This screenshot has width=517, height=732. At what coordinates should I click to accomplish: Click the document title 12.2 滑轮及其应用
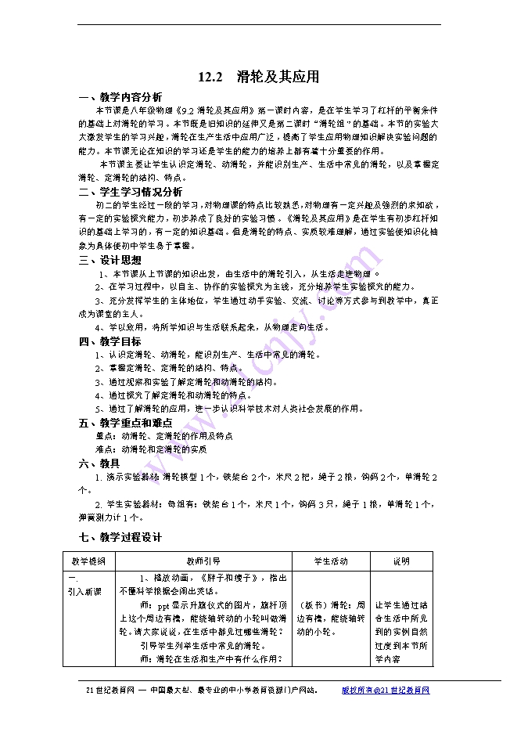click(259, 77)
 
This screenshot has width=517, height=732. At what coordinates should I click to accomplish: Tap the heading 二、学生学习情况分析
click(131, 192)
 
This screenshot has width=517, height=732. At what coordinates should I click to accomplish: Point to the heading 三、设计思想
click(110, 260)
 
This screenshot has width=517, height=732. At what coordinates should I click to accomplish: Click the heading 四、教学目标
click(110, 341)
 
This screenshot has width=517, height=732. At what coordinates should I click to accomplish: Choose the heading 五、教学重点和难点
click(125, 423)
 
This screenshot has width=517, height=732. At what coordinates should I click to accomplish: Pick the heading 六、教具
click(100, 463)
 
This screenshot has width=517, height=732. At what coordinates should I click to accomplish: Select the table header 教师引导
click(203, 561)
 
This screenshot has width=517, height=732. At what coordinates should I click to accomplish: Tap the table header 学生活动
click(331, 561)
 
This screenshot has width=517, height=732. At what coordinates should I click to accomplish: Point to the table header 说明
click(400, 561)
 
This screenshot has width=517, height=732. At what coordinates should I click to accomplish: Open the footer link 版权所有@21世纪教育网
click(386, 691)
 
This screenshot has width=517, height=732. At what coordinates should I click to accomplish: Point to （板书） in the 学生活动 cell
click(314, 604)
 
